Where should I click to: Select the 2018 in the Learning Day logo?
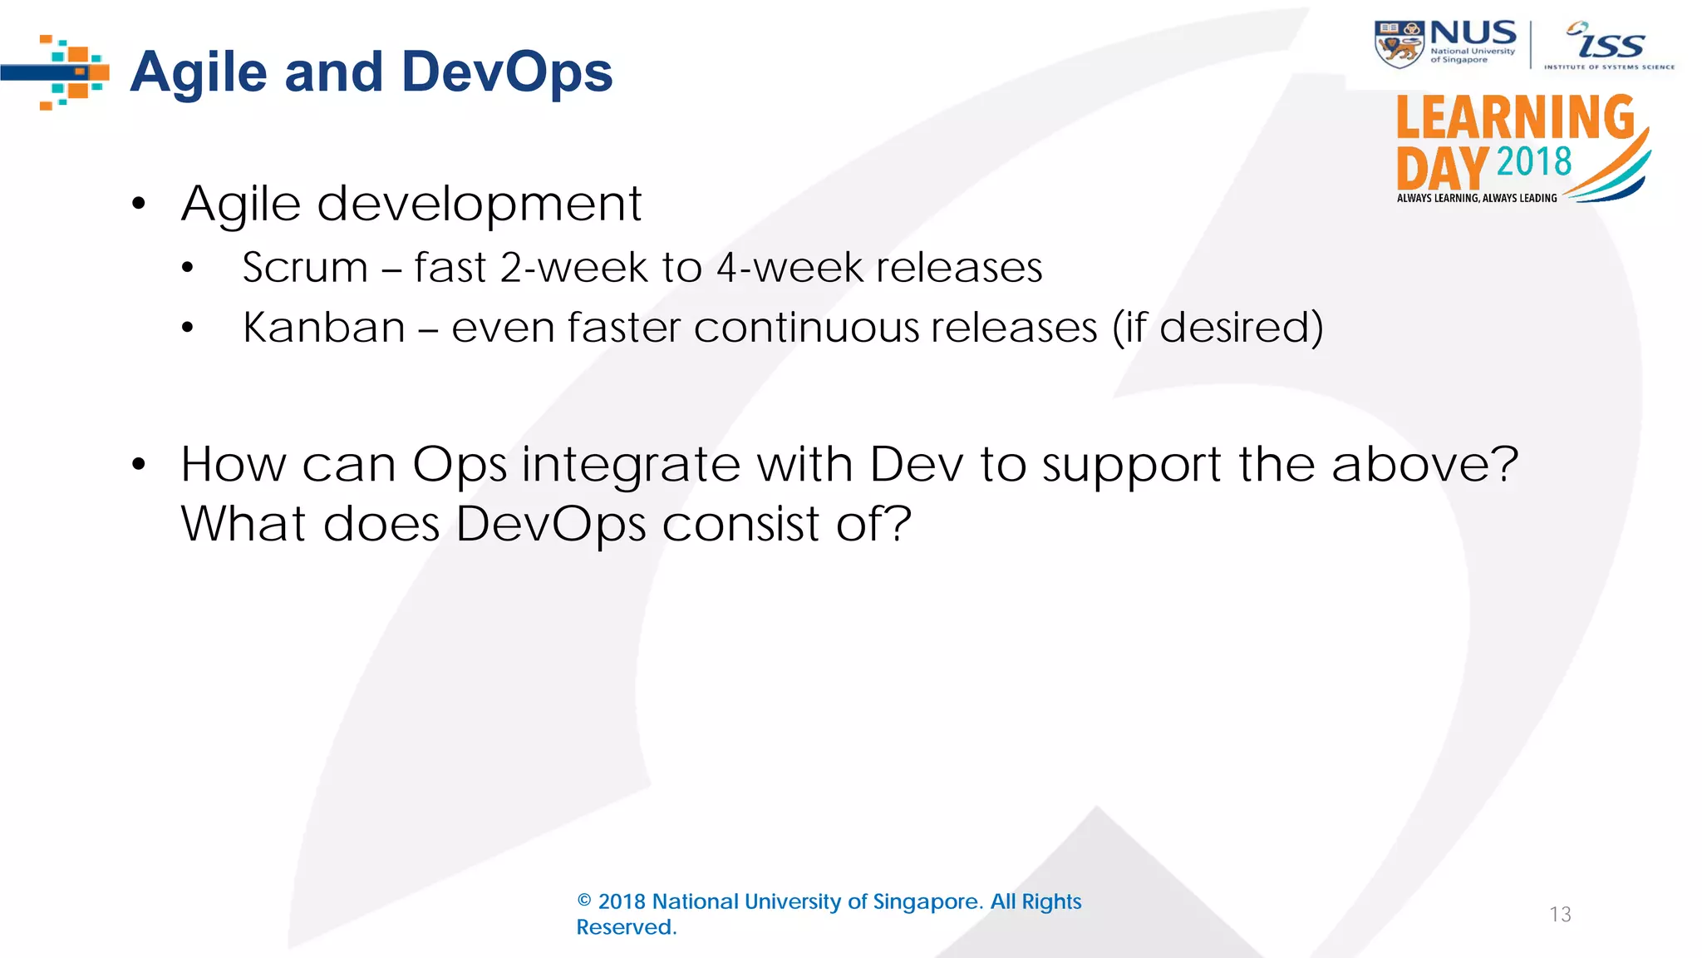1534,161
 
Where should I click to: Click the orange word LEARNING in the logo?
1514,118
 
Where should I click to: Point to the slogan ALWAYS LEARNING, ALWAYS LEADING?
1477,198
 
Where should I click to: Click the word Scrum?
305,268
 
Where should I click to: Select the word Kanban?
324,328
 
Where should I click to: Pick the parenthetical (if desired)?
1217,328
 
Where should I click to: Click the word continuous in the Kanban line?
806,328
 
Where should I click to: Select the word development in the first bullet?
480,205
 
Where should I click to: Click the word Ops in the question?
459,466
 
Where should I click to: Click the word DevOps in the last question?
550,525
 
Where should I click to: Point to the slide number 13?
1560,915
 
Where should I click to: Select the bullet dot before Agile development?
139,205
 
